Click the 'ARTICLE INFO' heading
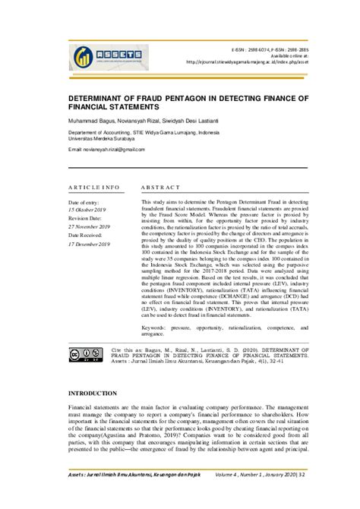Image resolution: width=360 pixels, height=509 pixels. point(94,186)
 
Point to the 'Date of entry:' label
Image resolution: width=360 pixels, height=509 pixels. point(84,203)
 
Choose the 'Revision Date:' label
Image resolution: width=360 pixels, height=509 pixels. point(87,218)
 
